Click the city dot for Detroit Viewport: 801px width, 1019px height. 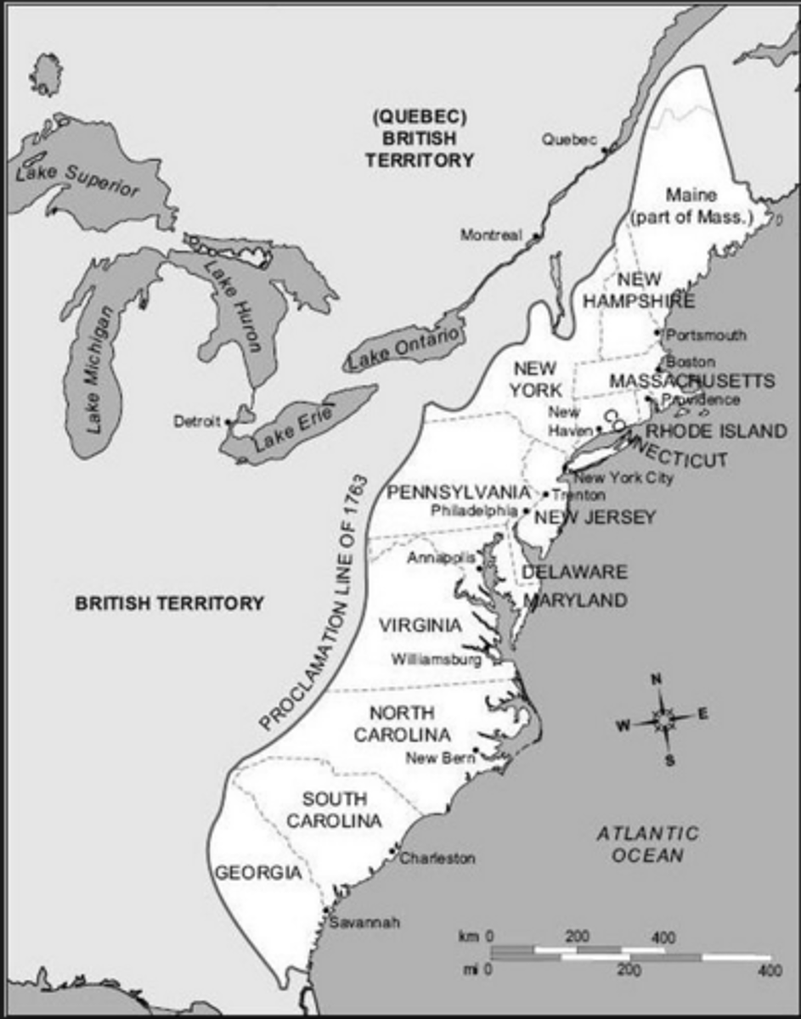[228, 421]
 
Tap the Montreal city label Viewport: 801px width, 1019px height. [491, 235]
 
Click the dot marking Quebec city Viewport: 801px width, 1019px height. [605, 150]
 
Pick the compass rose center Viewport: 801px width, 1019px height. [662, 720]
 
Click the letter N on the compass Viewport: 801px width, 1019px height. [656, 679]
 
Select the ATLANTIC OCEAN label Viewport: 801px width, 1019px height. [647, 843]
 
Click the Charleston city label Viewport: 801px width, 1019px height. [437, 858]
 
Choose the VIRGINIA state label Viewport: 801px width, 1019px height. [420, 626]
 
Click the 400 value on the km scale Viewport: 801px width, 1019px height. [664, 937]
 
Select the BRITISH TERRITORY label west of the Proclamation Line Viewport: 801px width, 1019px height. [169, 604]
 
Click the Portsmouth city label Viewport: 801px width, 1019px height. [707, 335]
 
